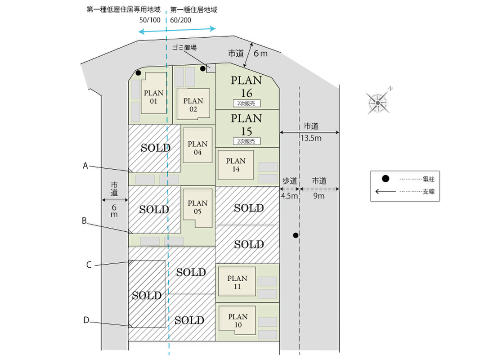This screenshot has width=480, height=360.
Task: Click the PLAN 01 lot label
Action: click(x=154, y=97)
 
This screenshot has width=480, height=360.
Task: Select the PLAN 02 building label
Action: click(x=193, y=105)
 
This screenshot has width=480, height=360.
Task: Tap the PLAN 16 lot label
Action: click(x=247, y=87)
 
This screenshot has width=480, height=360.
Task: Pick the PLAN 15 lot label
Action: click(x=247, y=125)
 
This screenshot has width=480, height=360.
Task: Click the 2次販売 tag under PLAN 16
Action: click(x=247, y=103)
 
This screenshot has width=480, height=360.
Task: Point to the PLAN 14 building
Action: click(x=236, y=165)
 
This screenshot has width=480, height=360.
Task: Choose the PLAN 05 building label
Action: click(x=197, y=207)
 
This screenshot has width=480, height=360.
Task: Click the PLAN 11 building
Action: click(x=237, y=282)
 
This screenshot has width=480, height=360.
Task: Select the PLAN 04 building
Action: click(x=197, y=145)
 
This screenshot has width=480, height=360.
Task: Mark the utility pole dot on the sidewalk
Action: click(x=296, y=235)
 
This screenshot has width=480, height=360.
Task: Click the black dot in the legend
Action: click(x=386, y=179)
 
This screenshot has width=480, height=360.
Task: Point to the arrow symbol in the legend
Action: click(x=386, y=192)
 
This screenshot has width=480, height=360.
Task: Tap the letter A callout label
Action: click(x=85, y=166)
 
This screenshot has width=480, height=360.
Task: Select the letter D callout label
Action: click(x=86, y=320)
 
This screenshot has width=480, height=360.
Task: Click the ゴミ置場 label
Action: click(x=184, y=47)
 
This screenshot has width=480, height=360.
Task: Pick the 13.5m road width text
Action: click(x=311, y=138)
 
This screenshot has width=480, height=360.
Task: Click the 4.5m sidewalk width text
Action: click(x=289, y=196)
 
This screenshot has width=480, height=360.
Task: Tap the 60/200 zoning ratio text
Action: click(x=180, y=20)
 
